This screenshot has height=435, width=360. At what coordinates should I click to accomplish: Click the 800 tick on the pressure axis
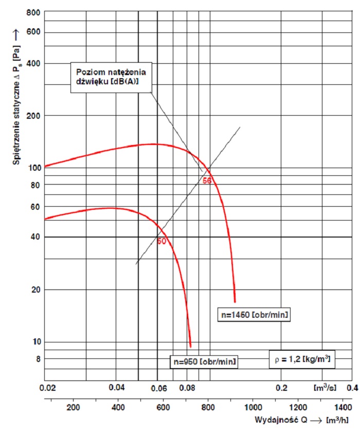coord(32,12)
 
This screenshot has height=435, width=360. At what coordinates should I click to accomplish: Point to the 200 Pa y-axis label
coord(32,115)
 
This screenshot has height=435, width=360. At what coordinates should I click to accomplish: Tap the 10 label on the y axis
coord(35,342)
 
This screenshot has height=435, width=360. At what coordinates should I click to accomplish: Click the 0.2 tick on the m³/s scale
coord(281,388)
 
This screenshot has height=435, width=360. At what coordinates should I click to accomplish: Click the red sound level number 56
coord(207,181)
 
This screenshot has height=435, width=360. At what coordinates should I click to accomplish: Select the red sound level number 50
coord(161,241)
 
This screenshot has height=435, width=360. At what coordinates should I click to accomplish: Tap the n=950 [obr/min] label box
coord(203,362)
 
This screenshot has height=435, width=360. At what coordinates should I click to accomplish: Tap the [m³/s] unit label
coord(325,387)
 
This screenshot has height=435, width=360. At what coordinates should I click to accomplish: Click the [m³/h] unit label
coord(337,420)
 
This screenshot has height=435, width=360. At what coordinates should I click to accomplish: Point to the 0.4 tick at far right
coord(352,388)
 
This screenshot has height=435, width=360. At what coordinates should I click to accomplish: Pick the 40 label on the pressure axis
coord(35,237)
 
